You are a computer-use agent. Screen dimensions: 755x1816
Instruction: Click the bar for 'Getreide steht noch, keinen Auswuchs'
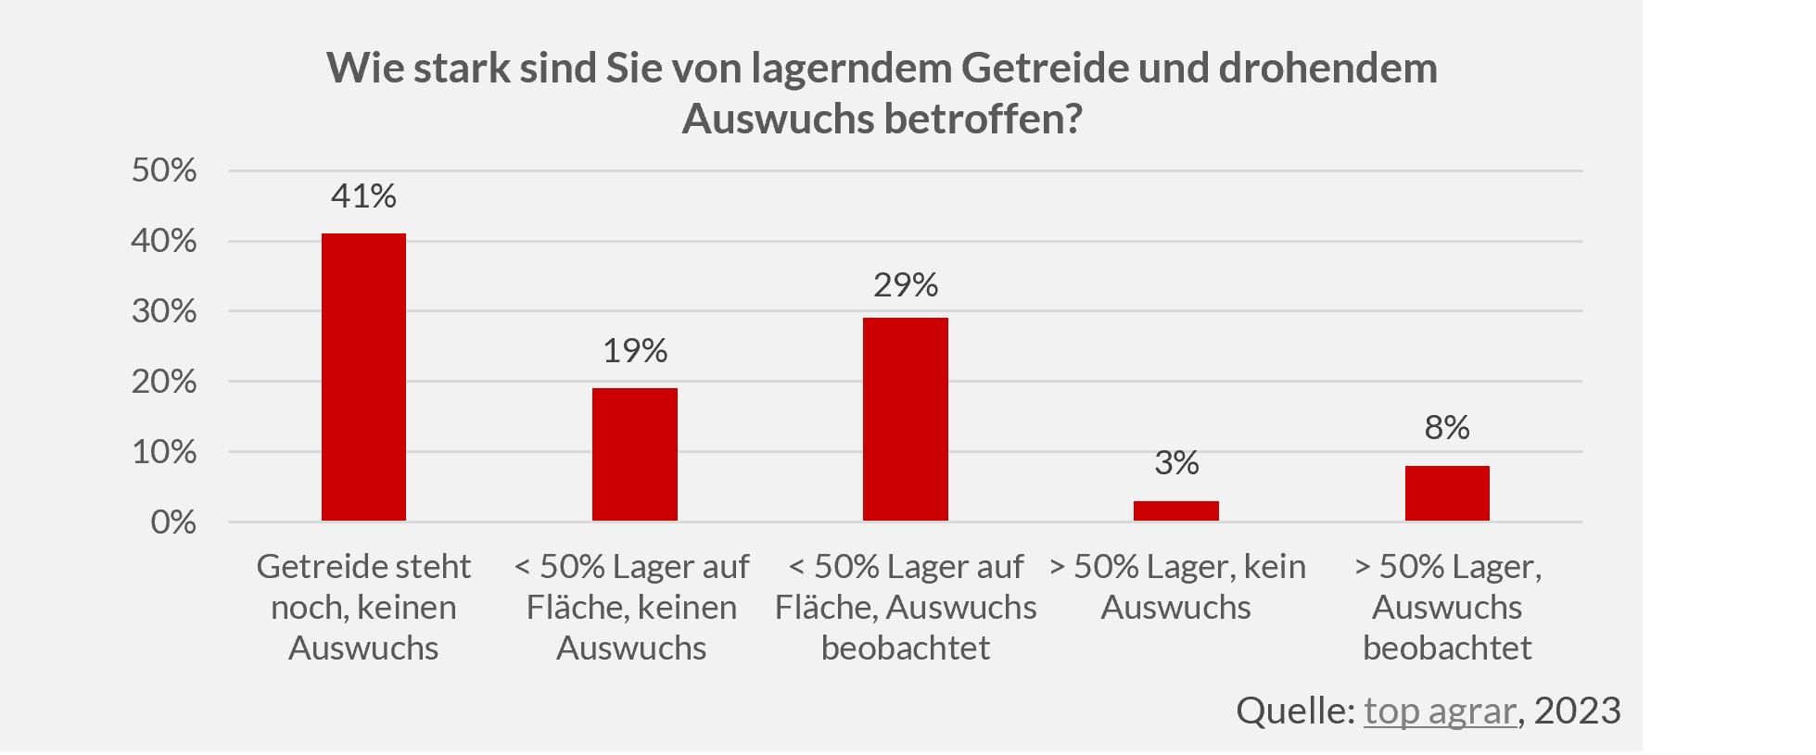(363, 377)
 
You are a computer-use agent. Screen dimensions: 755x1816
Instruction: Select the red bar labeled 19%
(635, 454)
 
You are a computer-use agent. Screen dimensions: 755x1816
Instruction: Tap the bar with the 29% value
(906, 419)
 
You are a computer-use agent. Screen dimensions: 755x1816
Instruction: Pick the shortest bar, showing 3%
(1176, 510)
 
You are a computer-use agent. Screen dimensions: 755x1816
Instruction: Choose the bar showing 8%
(1447, 493)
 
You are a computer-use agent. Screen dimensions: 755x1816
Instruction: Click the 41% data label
(363, 196)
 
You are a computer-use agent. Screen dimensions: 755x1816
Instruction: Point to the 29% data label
(906, 284)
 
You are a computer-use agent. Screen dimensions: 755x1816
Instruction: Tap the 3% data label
(1176, 462)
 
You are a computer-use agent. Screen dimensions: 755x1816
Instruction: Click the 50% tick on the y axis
(164, 170)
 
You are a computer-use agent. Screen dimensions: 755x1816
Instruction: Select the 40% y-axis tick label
(164, 241)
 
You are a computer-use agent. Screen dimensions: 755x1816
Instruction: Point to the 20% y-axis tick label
(164, 382)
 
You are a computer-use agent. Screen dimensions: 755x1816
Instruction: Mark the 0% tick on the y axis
(173, 522)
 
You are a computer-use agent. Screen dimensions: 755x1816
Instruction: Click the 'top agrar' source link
(1440, 711)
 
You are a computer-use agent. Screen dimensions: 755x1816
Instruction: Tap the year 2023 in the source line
(1577, 711)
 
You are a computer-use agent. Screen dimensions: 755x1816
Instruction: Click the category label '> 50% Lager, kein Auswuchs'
(1176, 586)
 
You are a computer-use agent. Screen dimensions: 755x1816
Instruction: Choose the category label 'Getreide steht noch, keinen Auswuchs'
(363, 607)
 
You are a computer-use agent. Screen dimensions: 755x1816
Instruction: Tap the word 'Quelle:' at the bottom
(1295, 711)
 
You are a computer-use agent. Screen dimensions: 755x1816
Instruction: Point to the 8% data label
(1447, 427)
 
